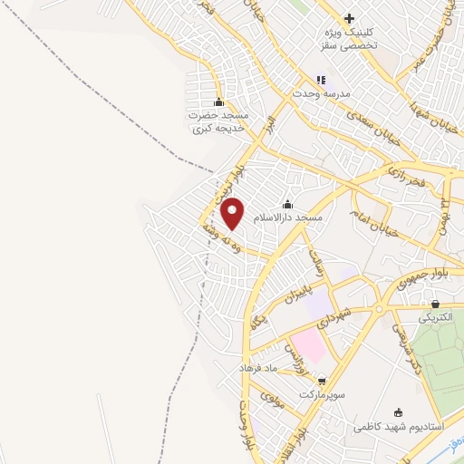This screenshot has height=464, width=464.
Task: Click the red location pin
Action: coord(233,213)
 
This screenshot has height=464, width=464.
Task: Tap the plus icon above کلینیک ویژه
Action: coord(349,18)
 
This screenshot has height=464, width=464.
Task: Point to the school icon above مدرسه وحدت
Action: coord(320,80)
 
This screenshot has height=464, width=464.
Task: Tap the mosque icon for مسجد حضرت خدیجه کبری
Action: coord(217,101)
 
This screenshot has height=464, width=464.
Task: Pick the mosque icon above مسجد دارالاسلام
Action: coord(288,204)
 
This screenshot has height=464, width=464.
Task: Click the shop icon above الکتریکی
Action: coord(436,304)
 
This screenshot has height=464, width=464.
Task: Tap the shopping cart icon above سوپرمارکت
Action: coord(320,382)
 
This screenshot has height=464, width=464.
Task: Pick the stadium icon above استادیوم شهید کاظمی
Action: coord(400,412)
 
